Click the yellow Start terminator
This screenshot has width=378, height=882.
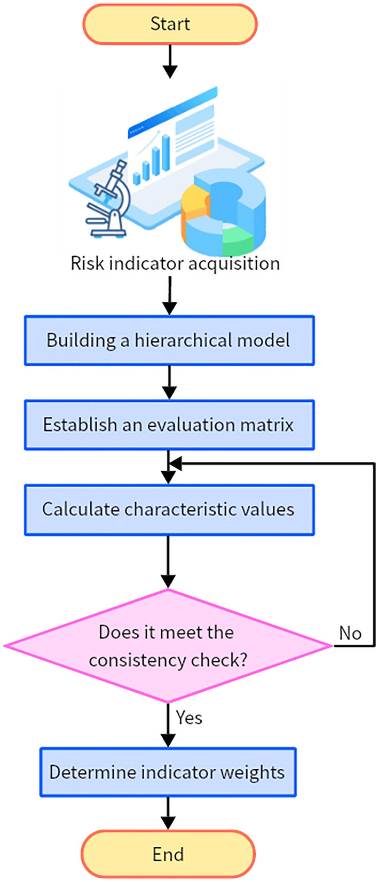pos(170,24)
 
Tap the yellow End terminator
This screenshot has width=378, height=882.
pos(168,854)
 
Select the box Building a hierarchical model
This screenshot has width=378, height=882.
pos(169,340)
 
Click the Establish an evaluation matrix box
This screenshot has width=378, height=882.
pos(169,425)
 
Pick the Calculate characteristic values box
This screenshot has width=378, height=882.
pos(169,509)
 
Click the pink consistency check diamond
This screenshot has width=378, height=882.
pos(168,646)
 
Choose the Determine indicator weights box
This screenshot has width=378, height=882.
pos(168,772)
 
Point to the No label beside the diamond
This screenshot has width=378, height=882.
pos(350,633)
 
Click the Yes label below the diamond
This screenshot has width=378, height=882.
pos(189,717)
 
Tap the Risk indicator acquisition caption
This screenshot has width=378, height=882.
pos(175,263)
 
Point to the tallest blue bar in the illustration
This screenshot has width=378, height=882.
pos(166,152)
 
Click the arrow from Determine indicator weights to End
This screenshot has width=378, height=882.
pos(168,813)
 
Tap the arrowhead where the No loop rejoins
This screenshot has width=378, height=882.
pos(175,464)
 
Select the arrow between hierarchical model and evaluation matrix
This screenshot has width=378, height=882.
pos(169,383)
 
